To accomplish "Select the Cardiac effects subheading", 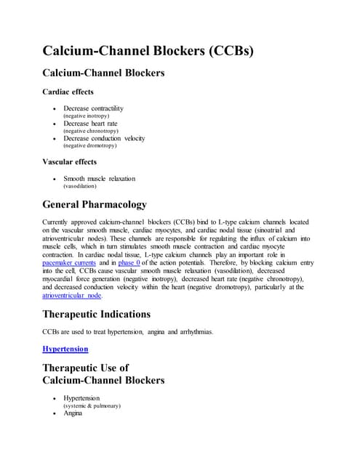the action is pyautogui.click(x=68, y=92).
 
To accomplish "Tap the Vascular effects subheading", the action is pyautogui.click(x=70, y=161).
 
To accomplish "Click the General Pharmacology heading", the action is pyautogui.click(x=95, y=204).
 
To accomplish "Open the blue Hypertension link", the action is pyautogui.click(x=65, y=349).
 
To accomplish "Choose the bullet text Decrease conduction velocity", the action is pyautogui.click(x=104, y=138).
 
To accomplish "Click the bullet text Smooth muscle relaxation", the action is pyautogui.click(x=99, y=178).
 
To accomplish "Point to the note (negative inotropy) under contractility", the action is pyautogui.click(x=89, y=116).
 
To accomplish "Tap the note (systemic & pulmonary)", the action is pyautogui.click(x=92, y=405).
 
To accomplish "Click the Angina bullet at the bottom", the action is pyautogui.click(x=73, y=413).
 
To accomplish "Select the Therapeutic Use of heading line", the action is pyautogui.click(x=85, y=368).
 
